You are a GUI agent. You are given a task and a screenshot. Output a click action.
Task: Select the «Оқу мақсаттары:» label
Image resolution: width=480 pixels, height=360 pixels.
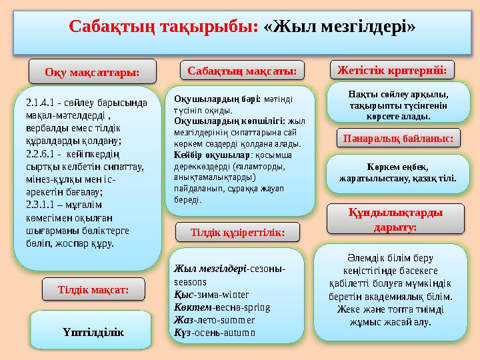pyautogui.click(x=92, y=71)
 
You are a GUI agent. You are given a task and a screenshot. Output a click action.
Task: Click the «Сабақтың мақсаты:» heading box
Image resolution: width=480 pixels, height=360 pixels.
pyautogui.click(x=241, y=69)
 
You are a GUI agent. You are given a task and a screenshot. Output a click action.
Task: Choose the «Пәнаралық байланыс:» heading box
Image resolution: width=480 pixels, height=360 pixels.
pyautogui.click(x=398, y=138)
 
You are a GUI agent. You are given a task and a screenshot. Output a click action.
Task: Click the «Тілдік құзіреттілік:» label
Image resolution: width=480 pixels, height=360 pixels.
pyautogui.click(x=237, y=232)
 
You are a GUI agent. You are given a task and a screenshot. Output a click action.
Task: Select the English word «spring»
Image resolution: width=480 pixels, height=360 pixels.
pyautogui.click(x=257, y=307)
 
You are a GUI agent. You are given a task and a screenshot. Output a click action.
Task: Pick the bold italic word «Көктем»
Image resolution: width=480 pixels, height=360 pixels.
pyautogui.click(x=191, y=307)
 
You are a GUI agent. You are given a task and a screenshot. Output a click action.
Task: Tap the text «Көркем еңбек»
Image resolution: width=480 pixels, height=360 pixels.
pyautogui.click(x=396, y=167)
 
